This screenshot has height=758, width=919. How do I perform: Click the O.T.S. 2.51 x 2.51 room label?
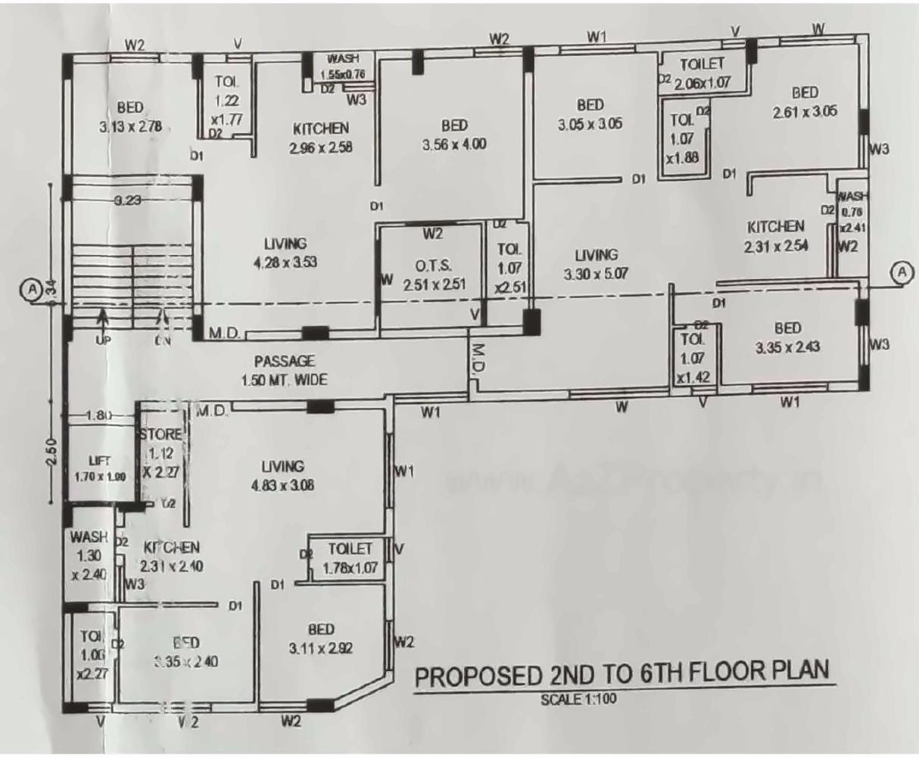coord(433,275)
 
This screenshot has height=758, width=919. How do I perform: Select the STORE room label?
coord(161,434)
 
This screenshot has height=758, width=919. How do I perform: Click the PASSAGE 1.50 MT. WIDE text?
coord(284,371)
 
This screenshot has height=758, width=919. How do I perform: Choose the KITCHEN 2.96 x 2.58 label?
coord(321,137)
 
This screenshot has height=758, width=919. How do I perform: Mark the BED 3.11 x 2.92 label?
coord(321,638)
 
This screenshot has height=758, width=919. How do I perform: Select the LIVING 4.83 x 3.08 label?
coord(282,475)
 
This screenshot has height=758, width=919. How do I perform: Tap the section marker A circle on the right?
coord(902,272)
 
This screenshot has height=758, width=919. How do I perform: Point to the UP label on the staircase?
coord(103,340)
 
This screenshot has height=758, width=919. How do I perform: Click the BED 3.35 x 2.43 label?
coord(787,338)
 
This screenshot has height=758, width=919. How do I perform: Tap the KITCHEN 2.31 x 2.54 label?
coord(776,235)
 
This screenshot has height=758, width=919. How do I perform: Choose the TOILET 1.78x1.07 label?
coord(350,558)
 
